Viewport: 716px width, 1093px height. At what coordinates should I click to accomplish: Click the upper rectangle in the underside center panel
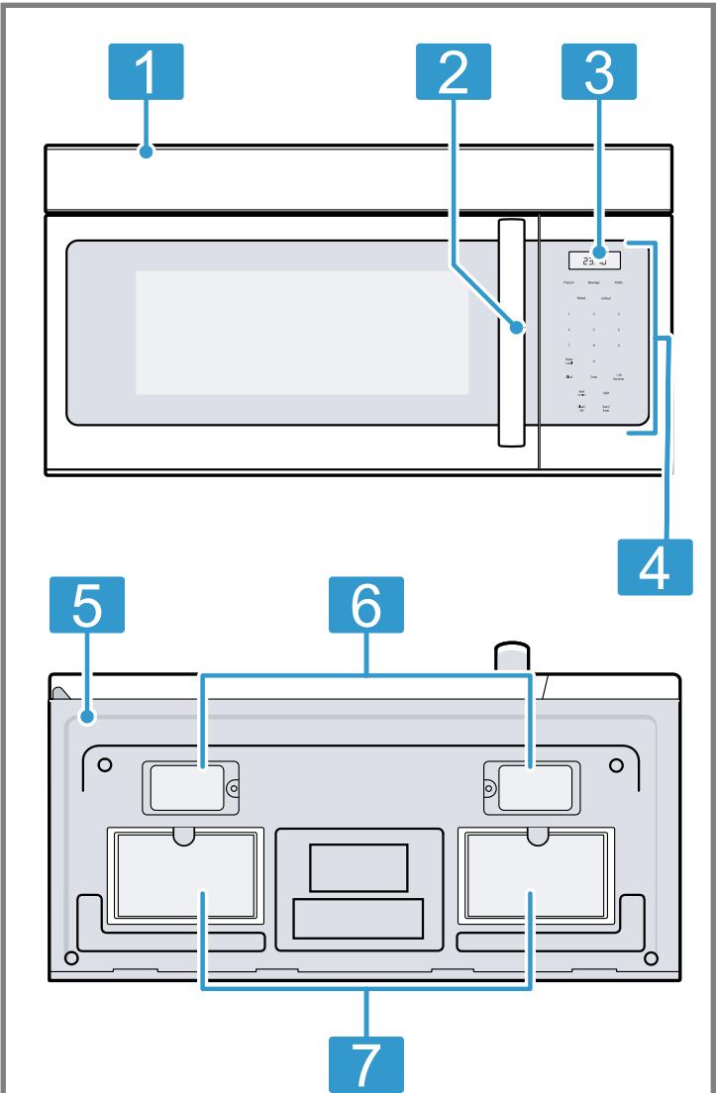tap(358, 867)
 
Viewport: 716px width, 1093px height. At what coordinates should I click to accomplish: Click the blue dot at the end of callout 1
tap(146, 151)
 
